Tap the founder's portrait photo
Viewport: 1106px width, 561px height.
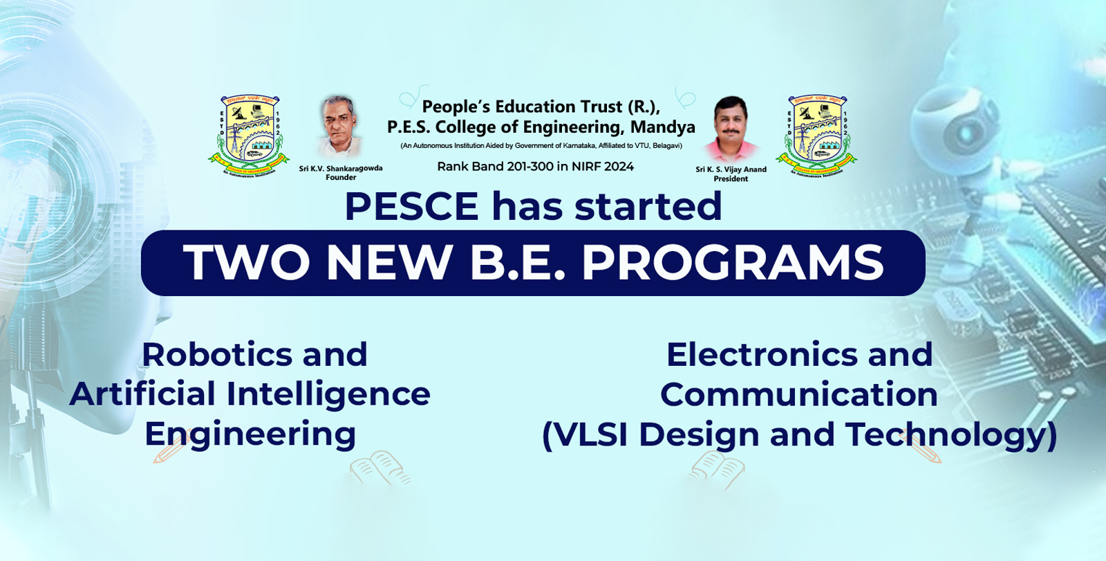339,126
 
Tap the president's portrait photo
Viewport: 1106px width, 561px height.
731,129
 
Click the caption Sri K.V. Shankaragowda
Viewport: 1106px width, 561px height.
340,168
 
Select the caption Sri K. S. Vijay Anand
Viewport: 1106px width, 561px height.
731,169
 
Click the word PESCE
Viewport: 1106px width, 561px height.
411,206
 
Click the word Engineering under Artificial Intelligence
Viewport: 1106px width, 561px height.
250,434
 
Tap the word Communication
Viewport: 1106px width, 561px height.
798,394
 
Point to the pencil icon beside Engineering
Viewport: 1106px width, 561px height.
168,448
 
